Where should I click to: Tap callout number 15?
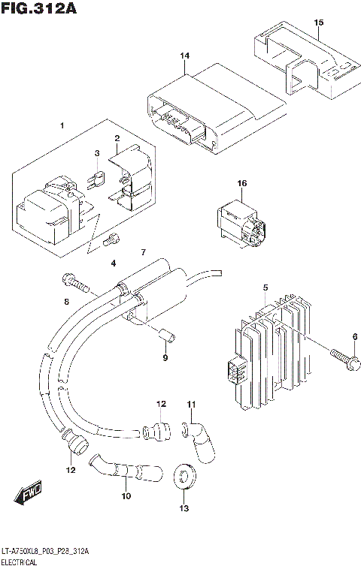point(318,23)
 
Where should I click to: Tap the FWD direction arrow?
point(29,495)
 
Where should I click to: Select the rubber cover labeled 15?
point(301,64)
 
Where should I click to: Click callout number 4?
point(114,263)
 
